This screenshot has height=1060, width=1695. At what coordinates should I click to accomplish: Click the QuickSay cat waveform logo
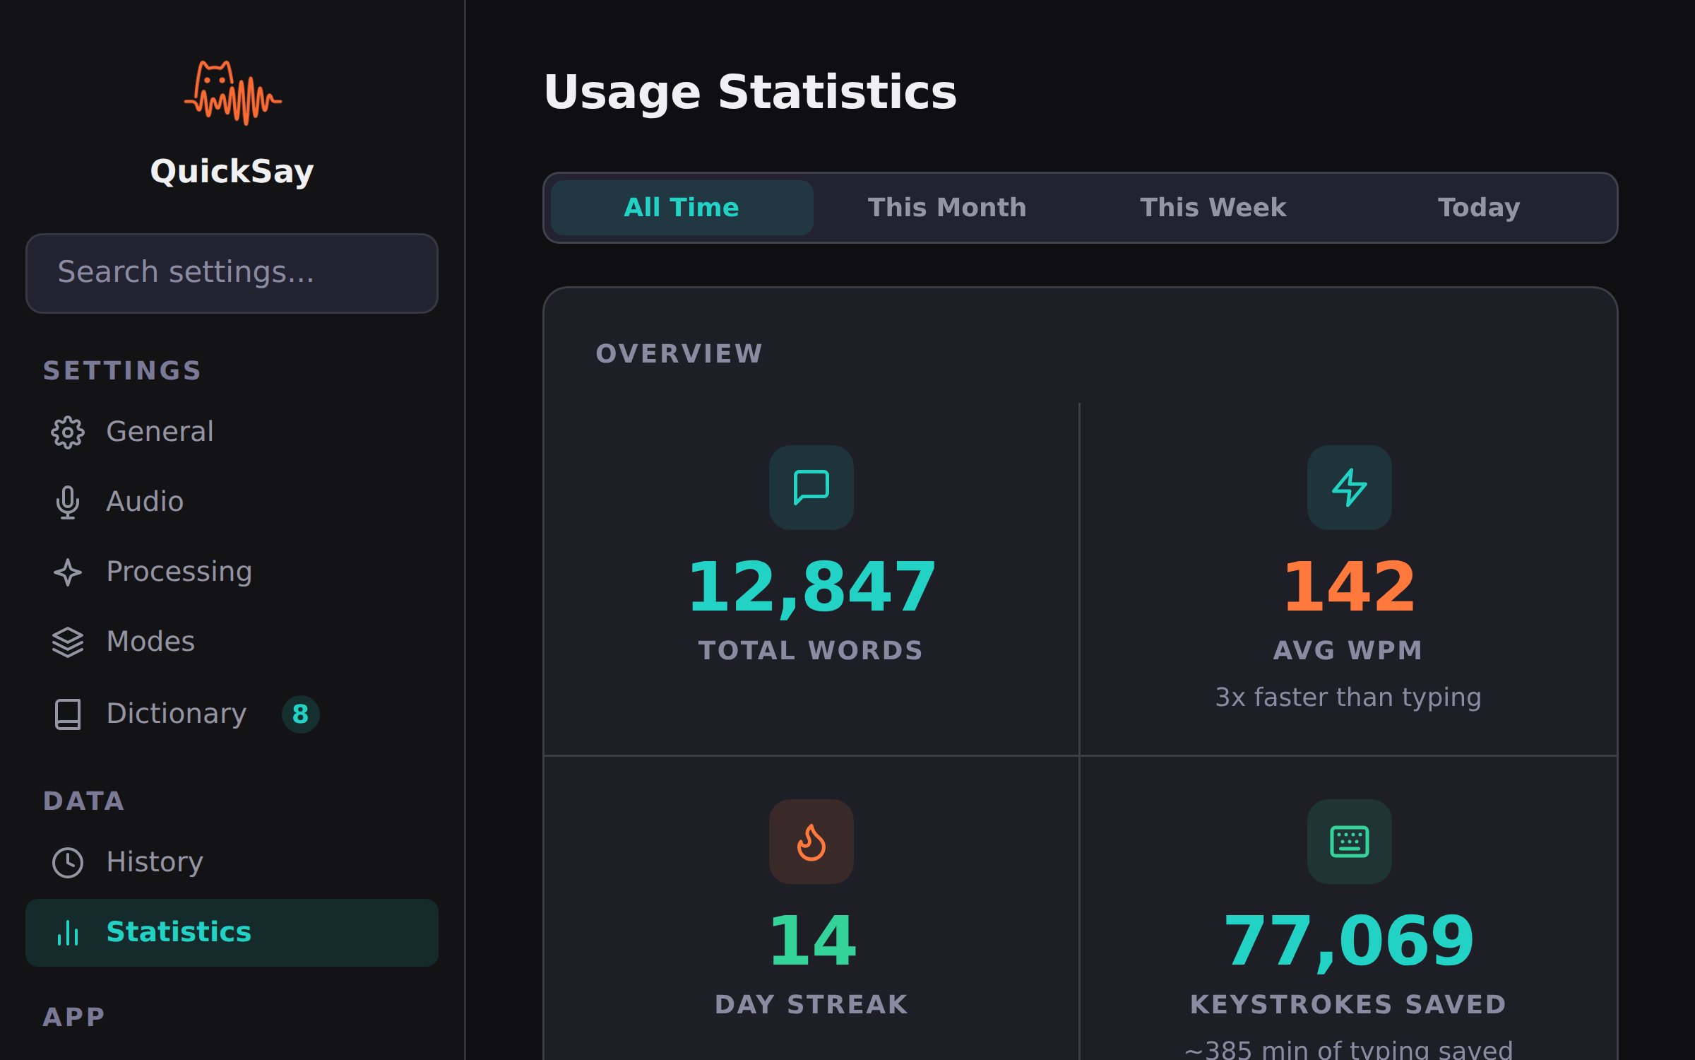pos(232,93)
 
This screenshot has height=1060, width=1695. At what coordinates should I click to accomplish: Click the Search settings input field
pos(232,273)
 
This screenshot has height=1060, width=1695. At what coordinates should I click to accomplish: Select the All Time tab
pos(682,208)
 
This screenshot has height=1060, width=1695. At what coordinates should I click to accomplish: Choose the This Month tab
pos(946,208)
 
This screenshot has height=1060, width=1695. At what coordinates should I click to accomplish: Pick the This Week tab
pos(1213,208)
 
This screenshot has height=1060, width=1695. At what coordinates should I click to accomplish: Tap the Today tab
pos(1479,208)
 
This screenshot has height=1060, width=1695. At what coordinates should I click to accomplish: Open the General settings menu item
pos(160,432)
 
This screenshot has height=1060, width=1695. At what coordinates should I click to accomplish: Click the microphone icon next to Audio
pos(68,502)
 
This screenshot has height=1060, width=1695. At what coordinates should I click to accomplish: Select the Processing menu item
pos(179,572)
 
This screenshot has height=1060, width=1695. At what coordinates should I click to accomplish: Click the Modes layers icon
pos(68,642)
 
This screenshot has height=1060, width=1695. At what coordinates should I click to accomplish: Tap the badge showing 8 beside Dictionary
pos(300,714)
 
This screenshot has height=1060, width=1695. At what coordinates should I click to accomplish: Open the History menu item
pos(155,862)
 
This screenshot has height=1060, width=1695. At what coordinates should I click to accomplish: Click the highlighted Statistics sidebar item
pos(232,932)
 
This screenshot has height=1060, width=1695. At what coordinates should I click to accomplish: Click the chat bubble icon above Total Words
pos(811,488)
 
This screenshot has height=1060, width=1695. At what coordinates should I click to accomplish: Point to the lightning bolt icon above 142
pos(1349,488)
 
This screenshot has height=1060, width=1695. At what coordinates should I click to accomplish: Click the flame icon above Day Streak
pos(811,842)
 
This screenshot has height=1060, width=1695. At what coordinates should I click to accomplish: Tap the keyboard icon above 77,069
pos(1349,842)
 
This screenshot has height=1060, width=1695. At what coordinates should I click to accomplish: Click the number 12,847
pos(811,587)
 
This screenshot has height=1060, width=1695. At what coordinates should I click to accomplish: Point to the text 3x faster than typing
pos(1348,697)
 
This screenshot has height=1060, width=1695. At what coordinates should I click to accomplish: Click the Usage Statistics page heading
pos(750,93)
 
